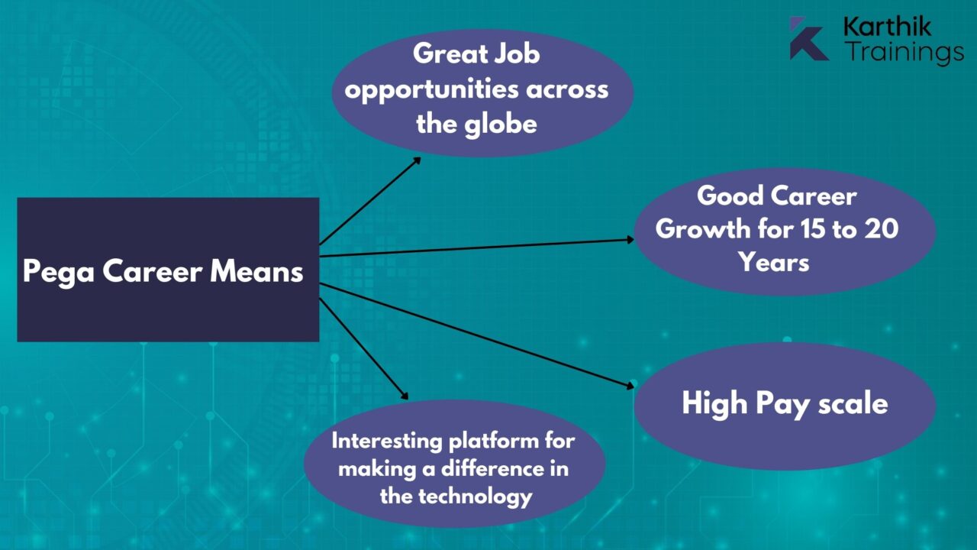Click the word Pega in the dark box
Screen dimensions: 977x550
[x=59, y=272]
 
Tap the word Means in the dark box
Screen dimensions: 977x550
[x=256, y=271]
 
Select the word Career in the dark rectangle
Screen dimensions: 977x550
[x=153, y=271]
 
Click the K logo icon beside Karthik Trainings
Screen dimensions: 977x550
[x=808, y=38]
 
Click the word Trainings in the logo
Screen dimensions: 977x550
[x=904, y=52]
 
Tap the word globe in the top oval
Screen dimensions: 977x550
[x=500, y=125]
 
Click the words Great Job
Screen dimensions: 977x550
[x=476, y=53]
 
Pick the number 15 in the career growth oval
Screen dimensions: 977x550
[x=814, y=228]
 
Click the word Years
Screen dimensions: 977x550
[x=774, y=262]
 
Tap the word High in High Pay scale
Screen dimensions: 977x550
[x=714, y=403]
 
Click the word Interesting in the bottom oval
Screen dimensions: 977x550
[x=387, y=442]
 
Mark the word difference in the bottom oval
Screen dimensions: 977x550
[x=492, y=469]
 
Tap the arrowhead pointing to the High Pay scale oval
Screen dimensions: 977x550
[x=630, y=386]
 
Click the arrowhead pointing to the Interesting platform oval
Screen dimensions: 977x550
[x=405, y=396]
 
